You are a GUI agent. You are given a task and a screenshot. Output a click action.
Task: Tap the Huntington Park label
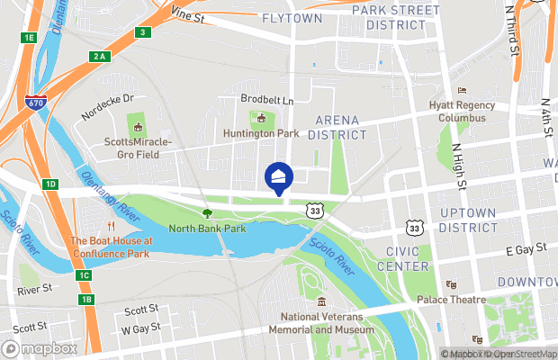tap(262, 133)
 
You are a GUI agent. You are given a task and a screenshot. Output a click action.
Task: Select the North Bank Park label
tap(207, 229)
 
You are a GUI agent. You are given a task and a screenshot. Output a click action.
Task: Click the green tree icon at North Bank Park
tap(207, 213)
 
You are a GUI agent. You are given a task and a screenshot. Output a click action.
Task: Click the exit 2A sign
tap(99, 56)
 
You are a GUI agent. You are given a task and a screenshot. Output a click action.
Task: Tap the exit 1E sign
tap(29, 37)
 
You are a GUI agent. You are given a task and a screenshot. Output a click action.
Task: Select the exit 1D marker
tap(50, 184)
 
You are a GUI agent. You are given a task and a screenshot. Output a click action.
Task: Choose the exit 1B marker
tap(85, 299)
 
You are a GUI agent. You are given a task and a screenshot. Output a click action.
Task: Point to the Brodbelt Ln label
tap(267, 100)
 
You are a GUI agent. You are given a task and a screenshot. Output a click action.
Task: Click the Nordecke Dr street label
tap(105, 99)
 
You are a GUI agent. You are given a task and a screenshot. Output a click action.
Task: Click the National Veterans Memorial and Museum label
tap(326, 323)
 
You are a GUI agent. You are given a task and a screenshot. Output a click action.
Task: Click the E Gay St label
tap(526, 247)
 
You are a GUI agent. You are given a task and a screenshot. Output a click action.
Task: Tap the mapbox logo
tap(40, 348)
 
